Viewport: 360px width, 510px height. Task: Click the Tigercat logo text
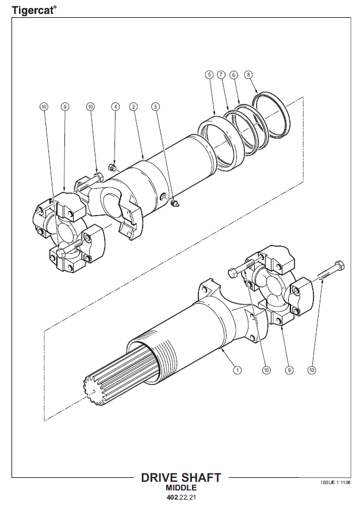pos(32,10)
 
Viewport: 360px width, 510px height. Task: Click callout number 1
pos(238,370)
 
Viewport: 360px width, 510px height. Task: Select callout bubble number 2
pos(133,107)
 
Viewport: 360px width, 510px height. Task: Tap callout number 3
pos(156,107)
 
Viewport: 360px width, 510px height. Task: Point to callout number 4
pos(115,107)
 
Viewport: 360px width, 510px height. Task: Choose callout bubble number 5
pos(209,75)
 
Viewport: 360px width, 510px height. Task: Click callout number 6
pos(233,75)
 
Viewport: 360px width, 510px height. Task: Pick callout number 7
pos(221,75)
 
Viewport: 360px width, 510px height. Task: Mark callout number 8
pos(248,75)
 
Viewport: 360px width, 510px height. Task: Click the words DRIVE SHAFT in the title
pos(181,477)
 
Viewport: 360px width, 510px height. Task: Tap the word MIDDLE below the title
pos(181,488)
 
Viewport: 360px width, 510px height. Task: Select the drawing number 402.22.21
pos(181,497)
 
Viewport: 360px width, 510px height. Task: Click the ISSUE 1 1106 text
pos(336,482)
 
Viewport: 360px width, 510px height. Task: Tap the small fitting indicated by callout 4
pos(112,167)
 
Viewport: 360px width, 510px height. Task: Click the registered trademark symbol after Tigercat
pos(55,6)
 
